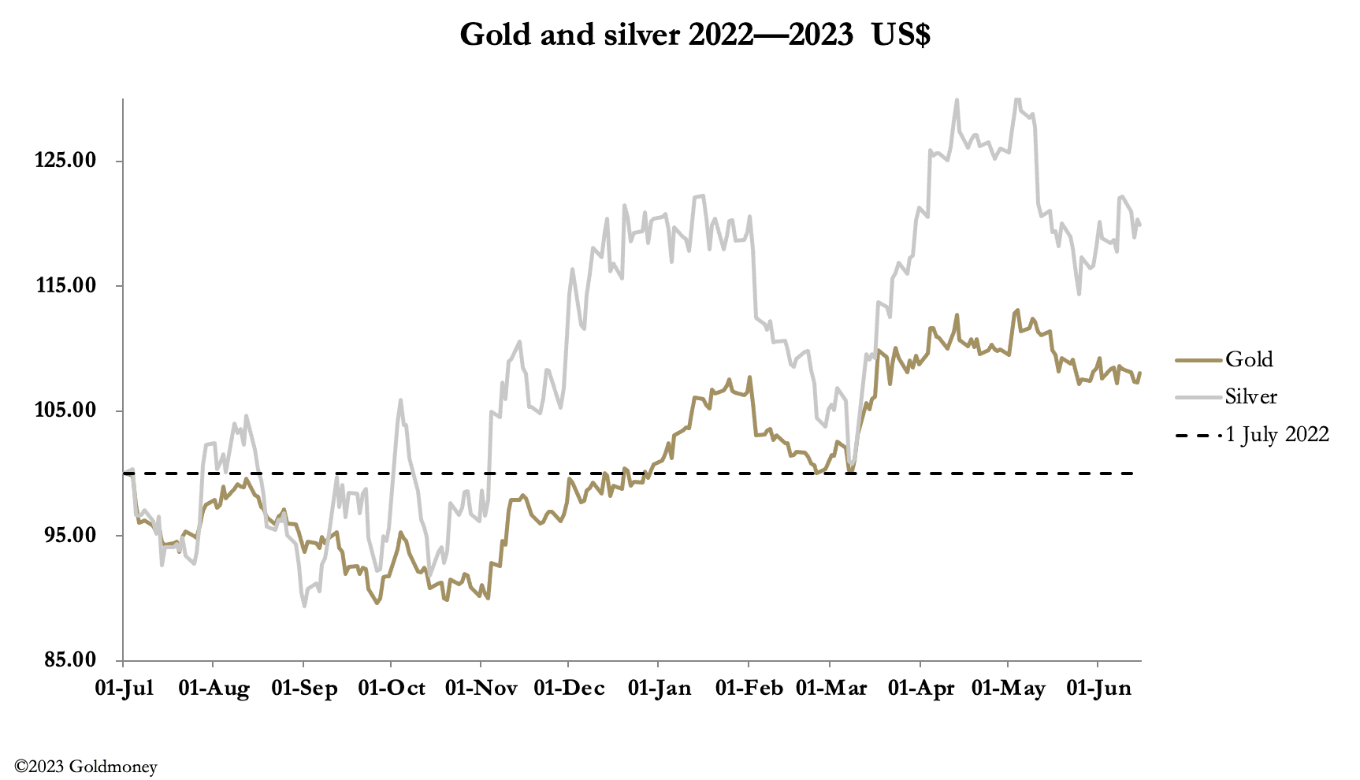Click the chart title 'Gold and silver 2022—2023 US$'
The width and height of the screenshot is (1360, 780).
point(694,35)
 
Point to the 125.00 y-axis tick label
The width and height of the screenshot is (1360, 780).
point(65,161)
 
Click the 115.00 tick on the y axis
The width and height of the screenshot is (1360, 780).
point(65,286)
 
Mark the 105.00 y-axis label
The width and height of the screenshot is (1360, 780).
point(65,410)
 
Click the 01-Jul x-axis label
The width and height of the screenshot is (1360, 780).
point(124,688)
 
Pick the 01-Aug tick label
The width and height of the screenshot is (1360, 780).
point(214,688)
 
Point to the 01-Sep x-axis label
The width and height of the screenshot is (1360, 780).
point(304,688)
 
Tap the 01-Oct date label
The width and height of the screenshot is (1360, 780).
point(392,688)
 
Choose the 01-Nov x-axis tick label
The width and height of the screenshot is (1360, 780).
point(481,688)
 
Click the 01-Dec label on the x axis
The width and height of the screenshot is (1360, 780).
point(569,688)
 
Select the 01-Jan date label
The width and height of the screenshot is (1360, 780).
point(660,688)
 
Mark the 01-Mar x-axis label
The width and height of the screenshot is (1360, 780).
point(831,688)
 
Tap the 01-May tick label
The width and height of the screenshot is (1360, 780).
point(1009,688)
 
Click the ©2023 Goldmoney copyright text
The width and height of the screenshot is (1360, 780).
point(86,766)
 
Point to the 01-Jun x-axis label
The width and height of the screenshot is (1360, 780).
point(1098,688)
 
